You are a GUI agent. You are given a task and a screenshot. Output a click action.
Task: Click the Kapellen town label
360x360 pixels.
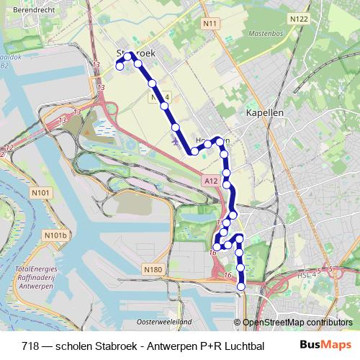265,113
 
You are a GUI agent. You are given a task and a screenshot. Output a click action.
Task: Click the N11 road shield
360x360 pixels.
210,24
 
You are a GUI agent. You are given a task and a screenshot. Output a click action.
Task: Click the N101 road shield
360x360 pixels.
42,193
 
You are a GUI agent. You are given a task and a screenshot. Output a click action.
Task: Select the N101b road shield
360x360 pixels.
55,235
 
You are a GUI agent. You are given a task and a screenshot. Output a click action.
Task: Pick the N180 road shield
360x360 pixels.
153,270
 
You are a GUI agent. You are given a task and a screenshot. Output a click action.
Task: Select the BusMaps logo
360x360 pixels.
325,345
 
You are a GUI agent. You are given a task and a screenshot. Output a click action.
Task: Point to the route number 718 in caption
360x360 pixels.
31,345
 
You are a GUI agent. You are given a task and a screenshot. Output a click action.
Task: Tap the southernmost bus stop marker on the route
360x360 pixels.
241,286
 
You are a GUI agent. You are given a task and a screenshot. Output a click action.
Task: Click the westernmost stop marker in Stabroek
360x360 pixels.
120,67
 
